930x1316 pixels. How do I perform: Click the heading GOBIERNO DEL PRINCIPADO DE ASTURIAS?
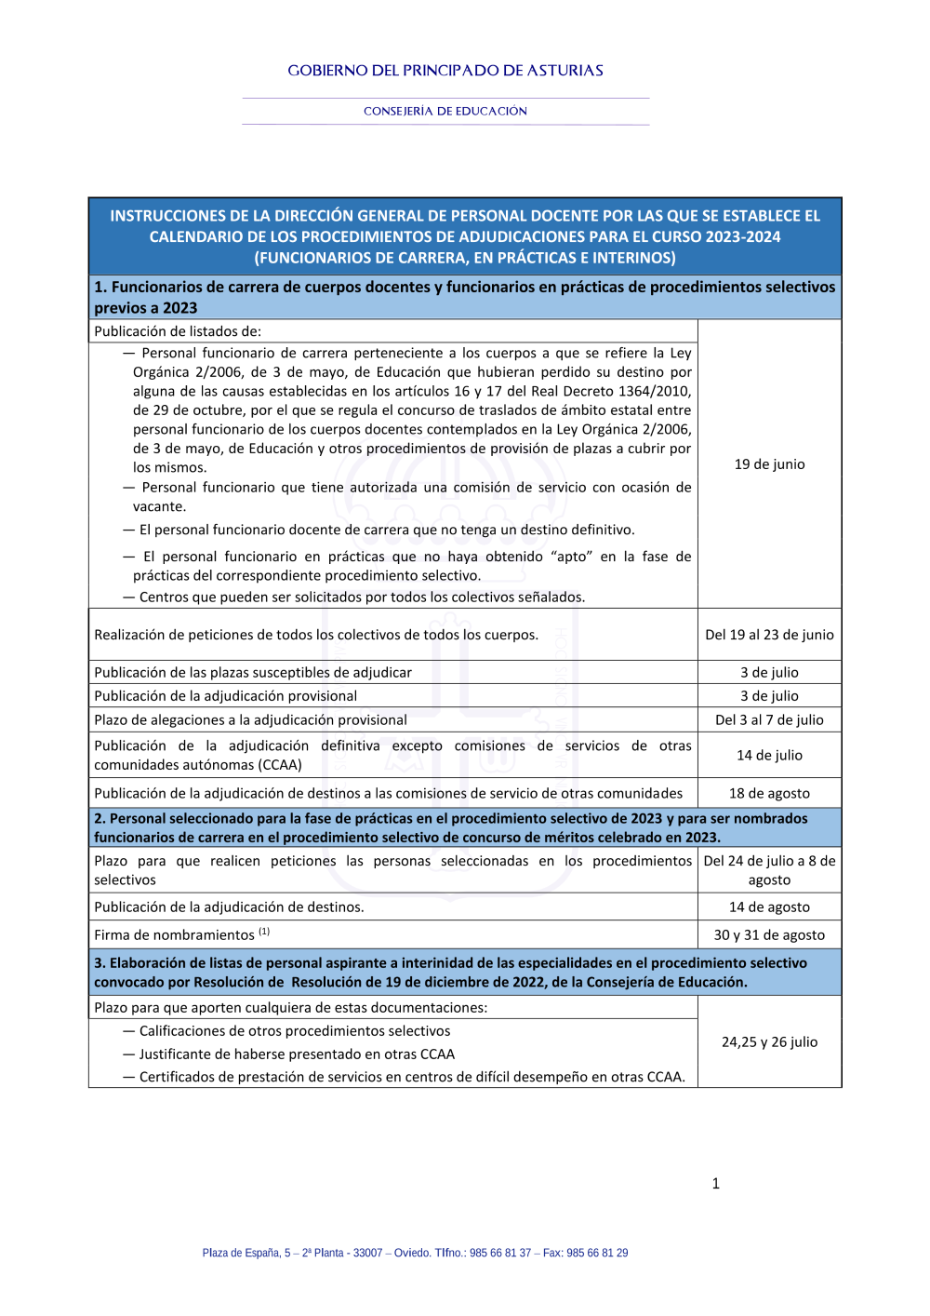(x=445, y=71)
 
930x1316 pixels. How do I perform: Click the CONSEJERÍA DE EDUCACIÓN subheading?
(x=445, y=111)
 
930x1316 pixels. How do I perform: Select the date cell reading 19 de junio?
(x=769, y=464)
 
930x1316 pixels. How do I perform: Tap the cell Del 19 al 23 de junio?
(x=769, y=635)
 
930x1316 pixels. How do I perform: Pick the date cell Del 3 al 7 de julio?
(x=769, y=719)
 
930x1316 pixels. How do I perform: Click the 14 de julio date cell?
(x=769, y=755)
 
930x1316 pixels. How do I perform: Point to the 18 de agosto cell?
(x=769, y=793)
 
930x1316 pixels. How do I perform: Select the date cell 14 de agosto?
(x=769, y=906)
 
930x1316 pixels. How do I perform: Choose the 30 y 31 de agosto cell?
(x=769, y=934)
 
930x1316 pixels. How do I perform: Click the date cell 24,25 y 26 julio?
(x=769, y=1041)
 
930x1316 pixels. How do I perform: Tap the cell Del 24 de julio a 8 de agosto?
(x=769, y=870)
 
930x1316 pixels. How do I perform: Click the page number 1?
(x=715, y=1184)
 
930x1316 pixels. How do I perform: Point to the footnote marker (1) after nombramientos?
(x=264, y=932)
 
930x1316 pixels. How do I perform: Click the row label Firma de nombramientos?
(x=174, y=935)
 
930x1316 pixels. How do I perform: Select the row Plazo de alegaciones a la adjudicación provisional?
(x=251, y=719)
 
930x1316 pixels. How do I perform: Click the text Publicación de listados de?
(x=178, y=331)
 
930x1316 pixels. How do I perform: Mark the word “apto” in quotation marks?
(x=572, y=557)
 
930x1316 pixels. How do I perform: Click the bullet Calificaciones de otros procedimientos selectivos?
(x=294, y=1031)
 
